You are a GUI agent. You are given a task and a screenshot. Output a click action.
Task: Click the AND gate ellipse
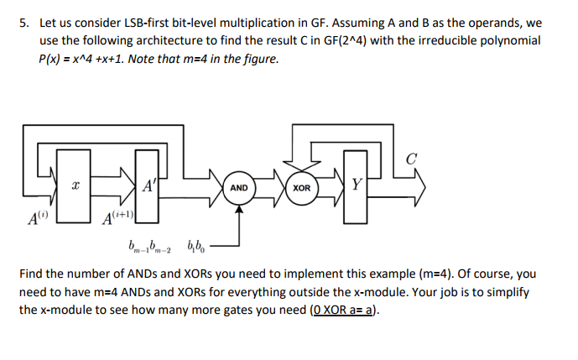tap(239, 187)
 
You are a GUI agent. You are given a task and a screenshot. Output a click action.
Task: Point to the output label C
tap(410, 158)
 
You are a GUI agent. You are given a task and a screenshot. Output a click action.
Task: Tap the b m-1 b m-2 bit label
tap(151, 248)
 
